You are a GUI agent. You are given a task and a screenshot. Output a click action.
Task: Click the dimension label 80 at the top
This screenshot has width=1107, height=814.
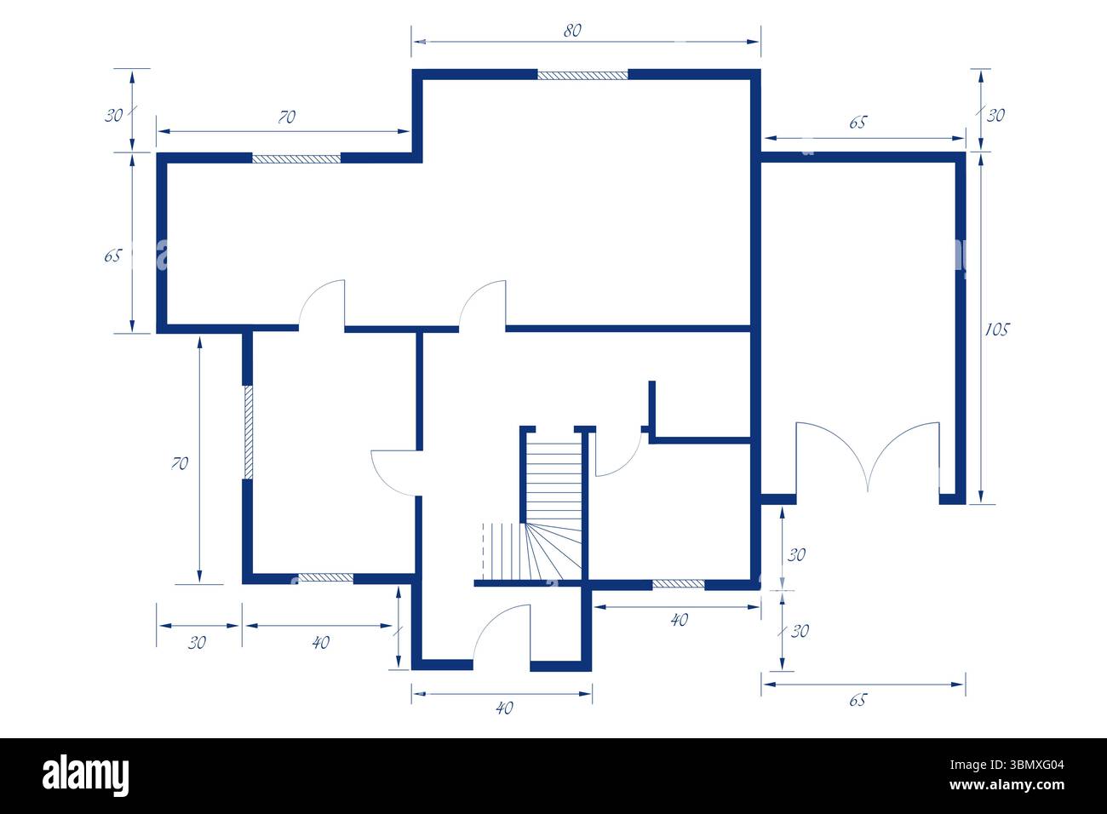click(572, 31)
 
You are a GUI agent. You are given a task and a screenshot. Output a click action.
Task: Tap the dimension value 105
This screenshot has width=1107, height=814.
click(996, 329)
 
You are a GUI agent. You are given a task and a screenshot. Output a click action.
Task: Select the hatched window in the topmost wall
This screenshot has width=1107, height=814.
click(582, 75)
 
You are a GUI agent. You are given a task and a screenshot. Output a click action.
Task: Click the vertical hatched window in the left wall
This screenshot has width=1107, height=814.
click(248, 433)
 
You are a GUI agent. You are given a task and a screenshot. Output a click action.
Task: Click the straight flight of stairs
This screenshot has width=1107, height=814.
click(552, 477)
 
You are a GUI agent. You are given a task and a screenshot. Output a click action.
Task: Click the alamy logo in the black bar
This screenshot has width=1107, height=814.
click(86, 776)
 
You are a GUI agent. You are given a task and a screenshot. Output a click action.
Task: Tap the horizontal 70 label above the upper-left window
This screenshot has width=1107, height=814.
click(287, 118)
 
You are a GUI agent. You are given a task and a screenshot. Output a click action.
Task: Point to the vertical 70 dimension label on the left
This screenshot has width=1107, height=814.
click(180, 463)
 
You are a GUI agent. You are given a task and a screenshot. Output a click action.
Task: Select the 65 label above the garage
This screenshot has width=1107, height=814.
click(857, 123)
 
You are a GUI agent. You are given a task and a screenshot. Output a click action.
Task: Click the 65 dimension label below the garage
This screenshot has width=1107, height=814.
click(857, 700)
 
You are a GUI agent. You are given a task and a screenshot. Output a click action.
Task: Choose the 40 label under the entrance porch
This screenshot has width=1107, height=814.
click(504, 708)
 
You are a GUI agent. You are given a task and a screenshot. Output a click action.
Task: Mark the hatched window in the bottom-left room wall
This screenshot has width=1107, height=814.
click(325, 578)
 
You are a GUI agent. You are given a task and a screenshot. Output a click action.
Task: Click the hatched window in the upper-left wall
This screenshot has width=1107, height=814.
click(296, 158)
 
